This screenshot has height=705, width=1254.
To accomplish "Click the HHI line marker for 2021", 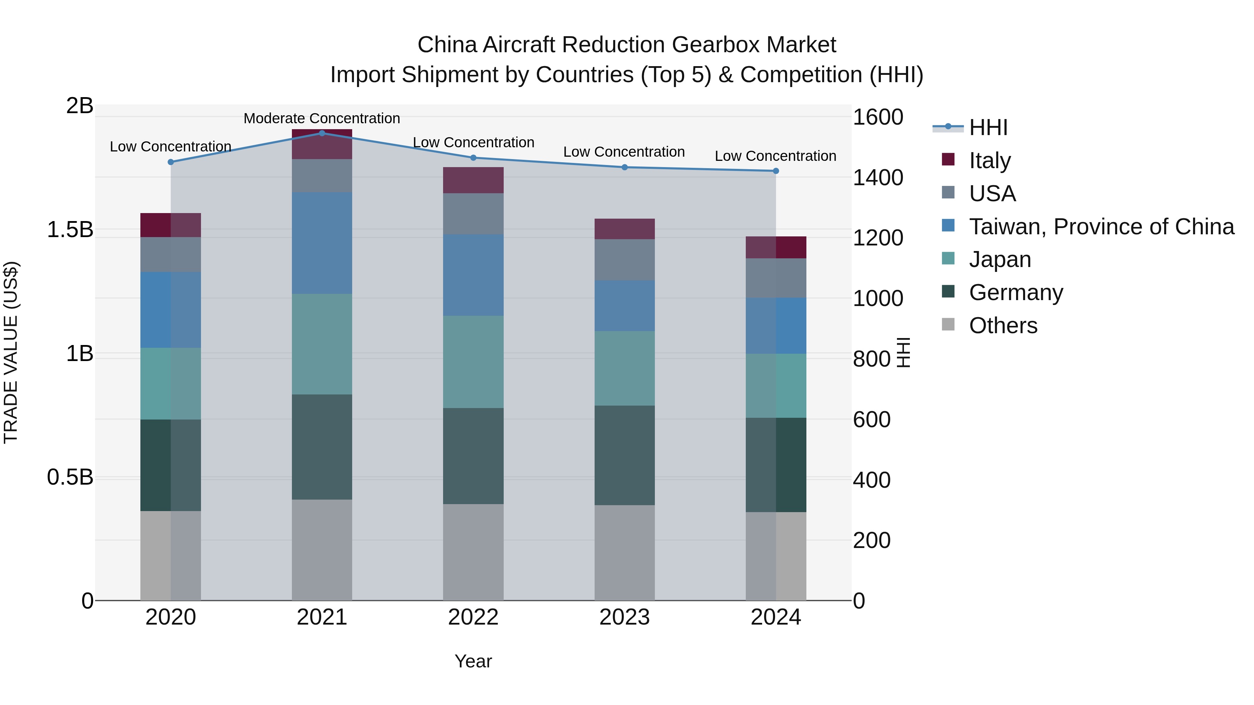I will pyautogui.click(x=322, y=133).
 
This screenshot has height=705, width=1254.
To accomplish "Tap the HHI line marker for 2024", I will pyautogui.click(x=776, y=171).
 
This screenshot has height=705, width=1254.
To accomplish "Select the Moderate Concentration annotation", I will pyautogui.click(x=322, y=118).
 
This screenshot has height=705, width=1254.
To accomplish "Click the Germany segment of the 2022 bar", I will pyautogui.click(x=473, y=455).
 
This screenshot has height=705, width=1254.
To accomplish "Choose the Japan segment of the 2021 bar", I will pyautogui.click(x=322, y=344).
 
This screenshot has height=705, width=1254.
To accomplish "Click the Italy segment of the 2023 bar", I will pyautogui.click(x=625, y=229).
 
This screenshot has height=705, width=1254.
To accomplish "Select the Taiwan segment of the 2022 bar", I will pyautogui.click(x=473, y=275).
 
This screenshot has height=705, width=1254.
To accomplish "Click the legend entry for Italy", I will pyautogui.click(x=990, y=160).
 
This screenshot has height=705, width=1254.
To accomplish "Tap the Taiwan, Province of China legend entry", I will pyautogui.click(x=1101, y=226).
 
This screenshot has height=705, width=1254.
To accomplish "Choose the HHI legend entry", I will pyautogui.click(x=988, y=127).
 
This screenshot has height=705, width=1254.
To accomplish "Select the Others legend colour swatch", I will pyautogui.click(x=948, y=324).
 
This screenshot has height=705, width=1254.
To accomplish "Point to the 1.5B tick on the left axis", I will pyautogui.click(x=70, y=229).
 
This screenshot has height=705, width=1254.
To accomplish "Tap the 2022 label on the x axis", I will pyautogui.click(x=473, y=617).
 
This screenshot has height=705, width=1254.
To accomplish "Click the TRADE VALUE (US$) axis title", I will pyautogui.click(x=11, y=352).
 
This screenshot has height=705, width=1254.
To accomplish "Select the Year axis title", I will pyautogui.click(x=473, y=661).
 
